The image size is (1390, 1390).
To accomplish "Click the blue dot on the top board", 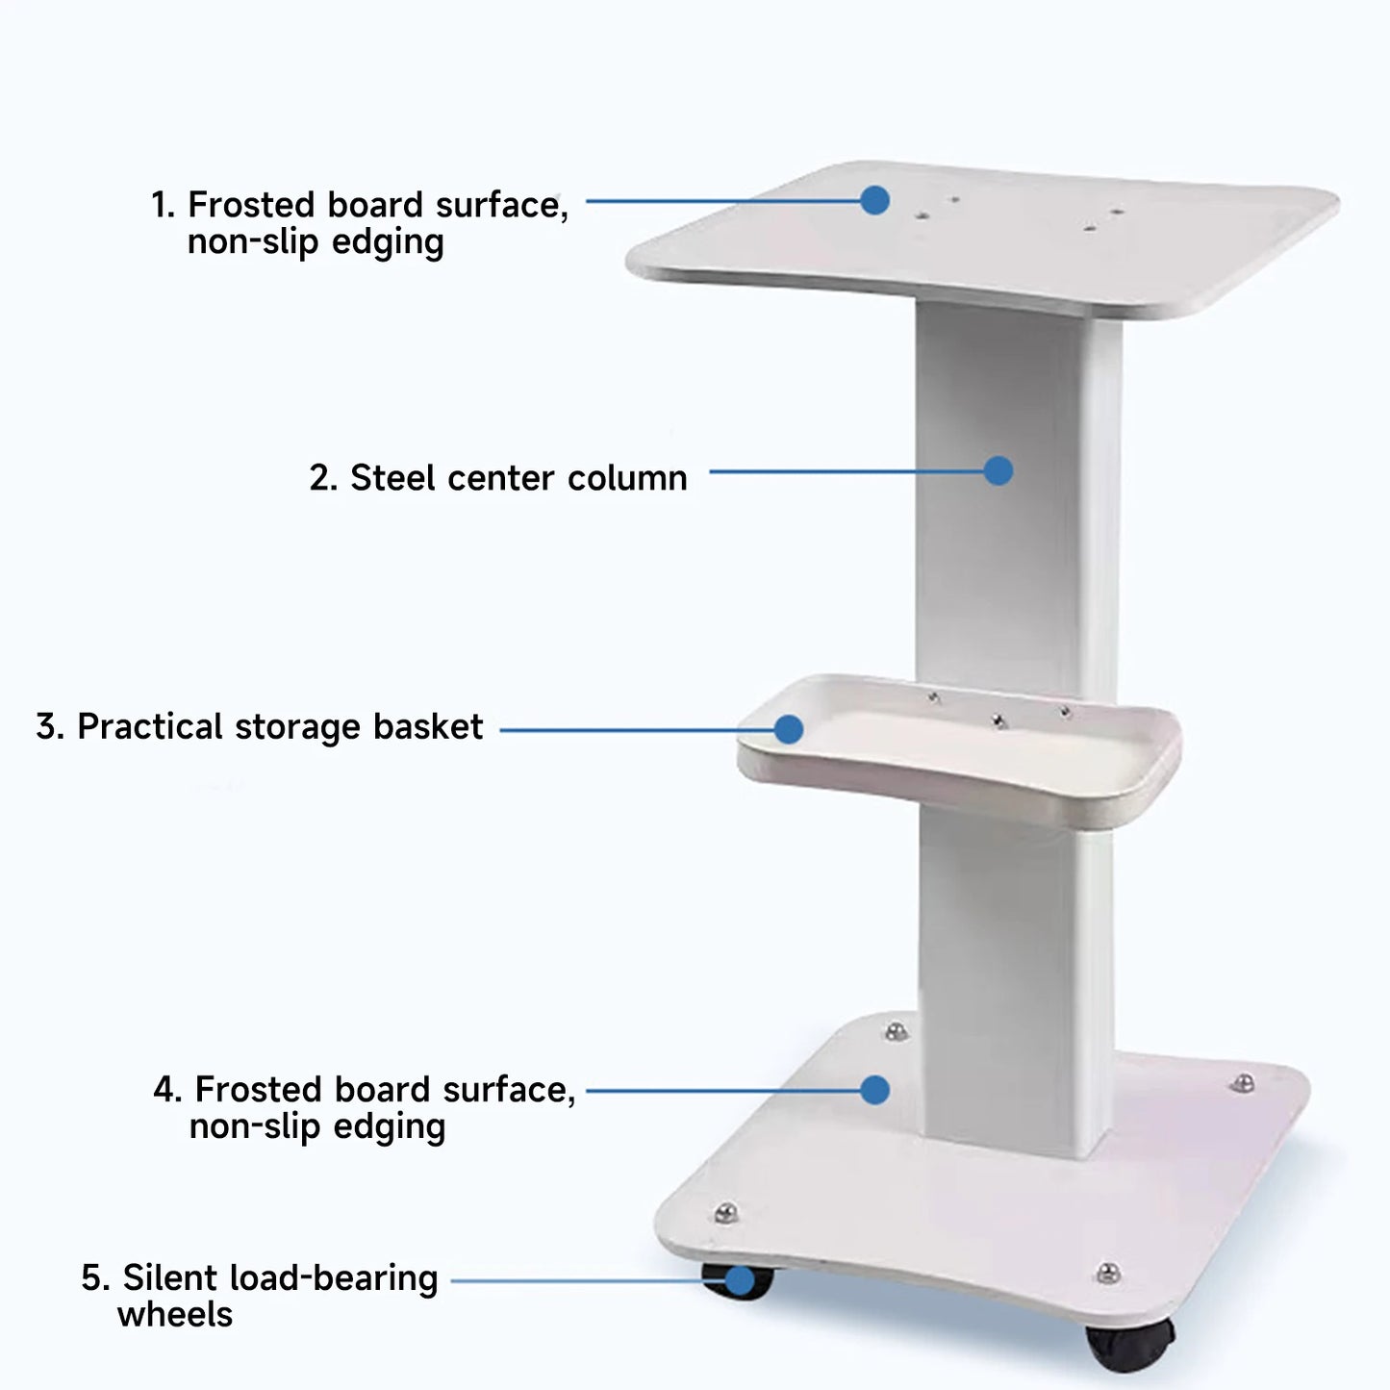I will tap(874, 200).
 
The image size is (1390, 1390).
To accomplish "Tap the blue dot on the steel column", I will tap(998, 470).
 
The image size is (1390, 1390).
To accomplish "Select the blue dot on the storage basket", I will tap(789, 729).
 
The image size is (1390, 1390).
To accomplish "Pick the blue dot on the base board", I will tap(874, 1090).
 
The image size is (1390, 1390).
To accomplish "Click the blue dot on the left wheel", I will tap(739, 1280).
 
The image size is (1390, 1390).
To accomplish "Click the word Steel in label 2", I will tap(392, 478).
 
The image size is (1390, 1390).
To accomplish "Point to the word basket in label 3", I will tap(428, 727).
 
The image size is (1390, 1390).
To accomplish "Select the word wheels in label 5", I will tap(175, 1315).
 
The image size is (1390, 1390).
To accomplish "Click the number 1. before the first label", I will tap(164, 205).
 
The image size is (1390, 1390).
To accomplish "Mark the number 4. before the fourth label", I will tap(167, 1090).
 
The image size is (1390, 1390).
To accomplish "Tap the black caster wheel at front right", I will tap(1130, 1344).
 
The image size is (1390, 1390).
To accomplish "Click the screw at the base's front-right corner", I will tap(1108, 1273).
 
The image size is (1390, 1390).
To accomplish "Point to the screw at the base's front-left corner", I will tap(726, 1212).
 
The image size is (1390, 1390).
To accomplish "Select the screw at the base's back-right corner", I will tap(1243, 1084).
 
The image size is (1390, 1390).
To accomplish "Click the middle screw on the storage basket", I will tap(999, 720).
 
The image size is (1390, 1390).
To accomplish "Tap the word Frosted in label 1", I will tap(251, 205).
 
